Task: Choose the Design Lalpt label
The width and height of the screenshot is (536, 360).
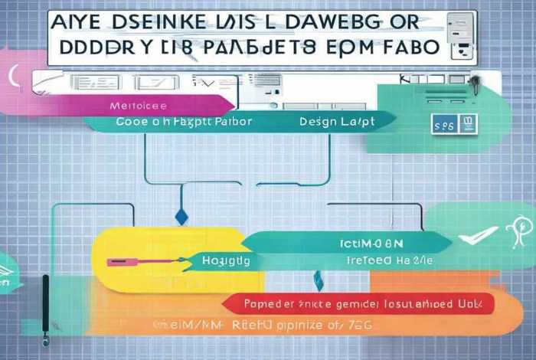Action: click(334, 120)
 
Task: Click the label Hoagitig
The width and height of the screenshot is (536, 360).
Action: click(226, 261)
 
